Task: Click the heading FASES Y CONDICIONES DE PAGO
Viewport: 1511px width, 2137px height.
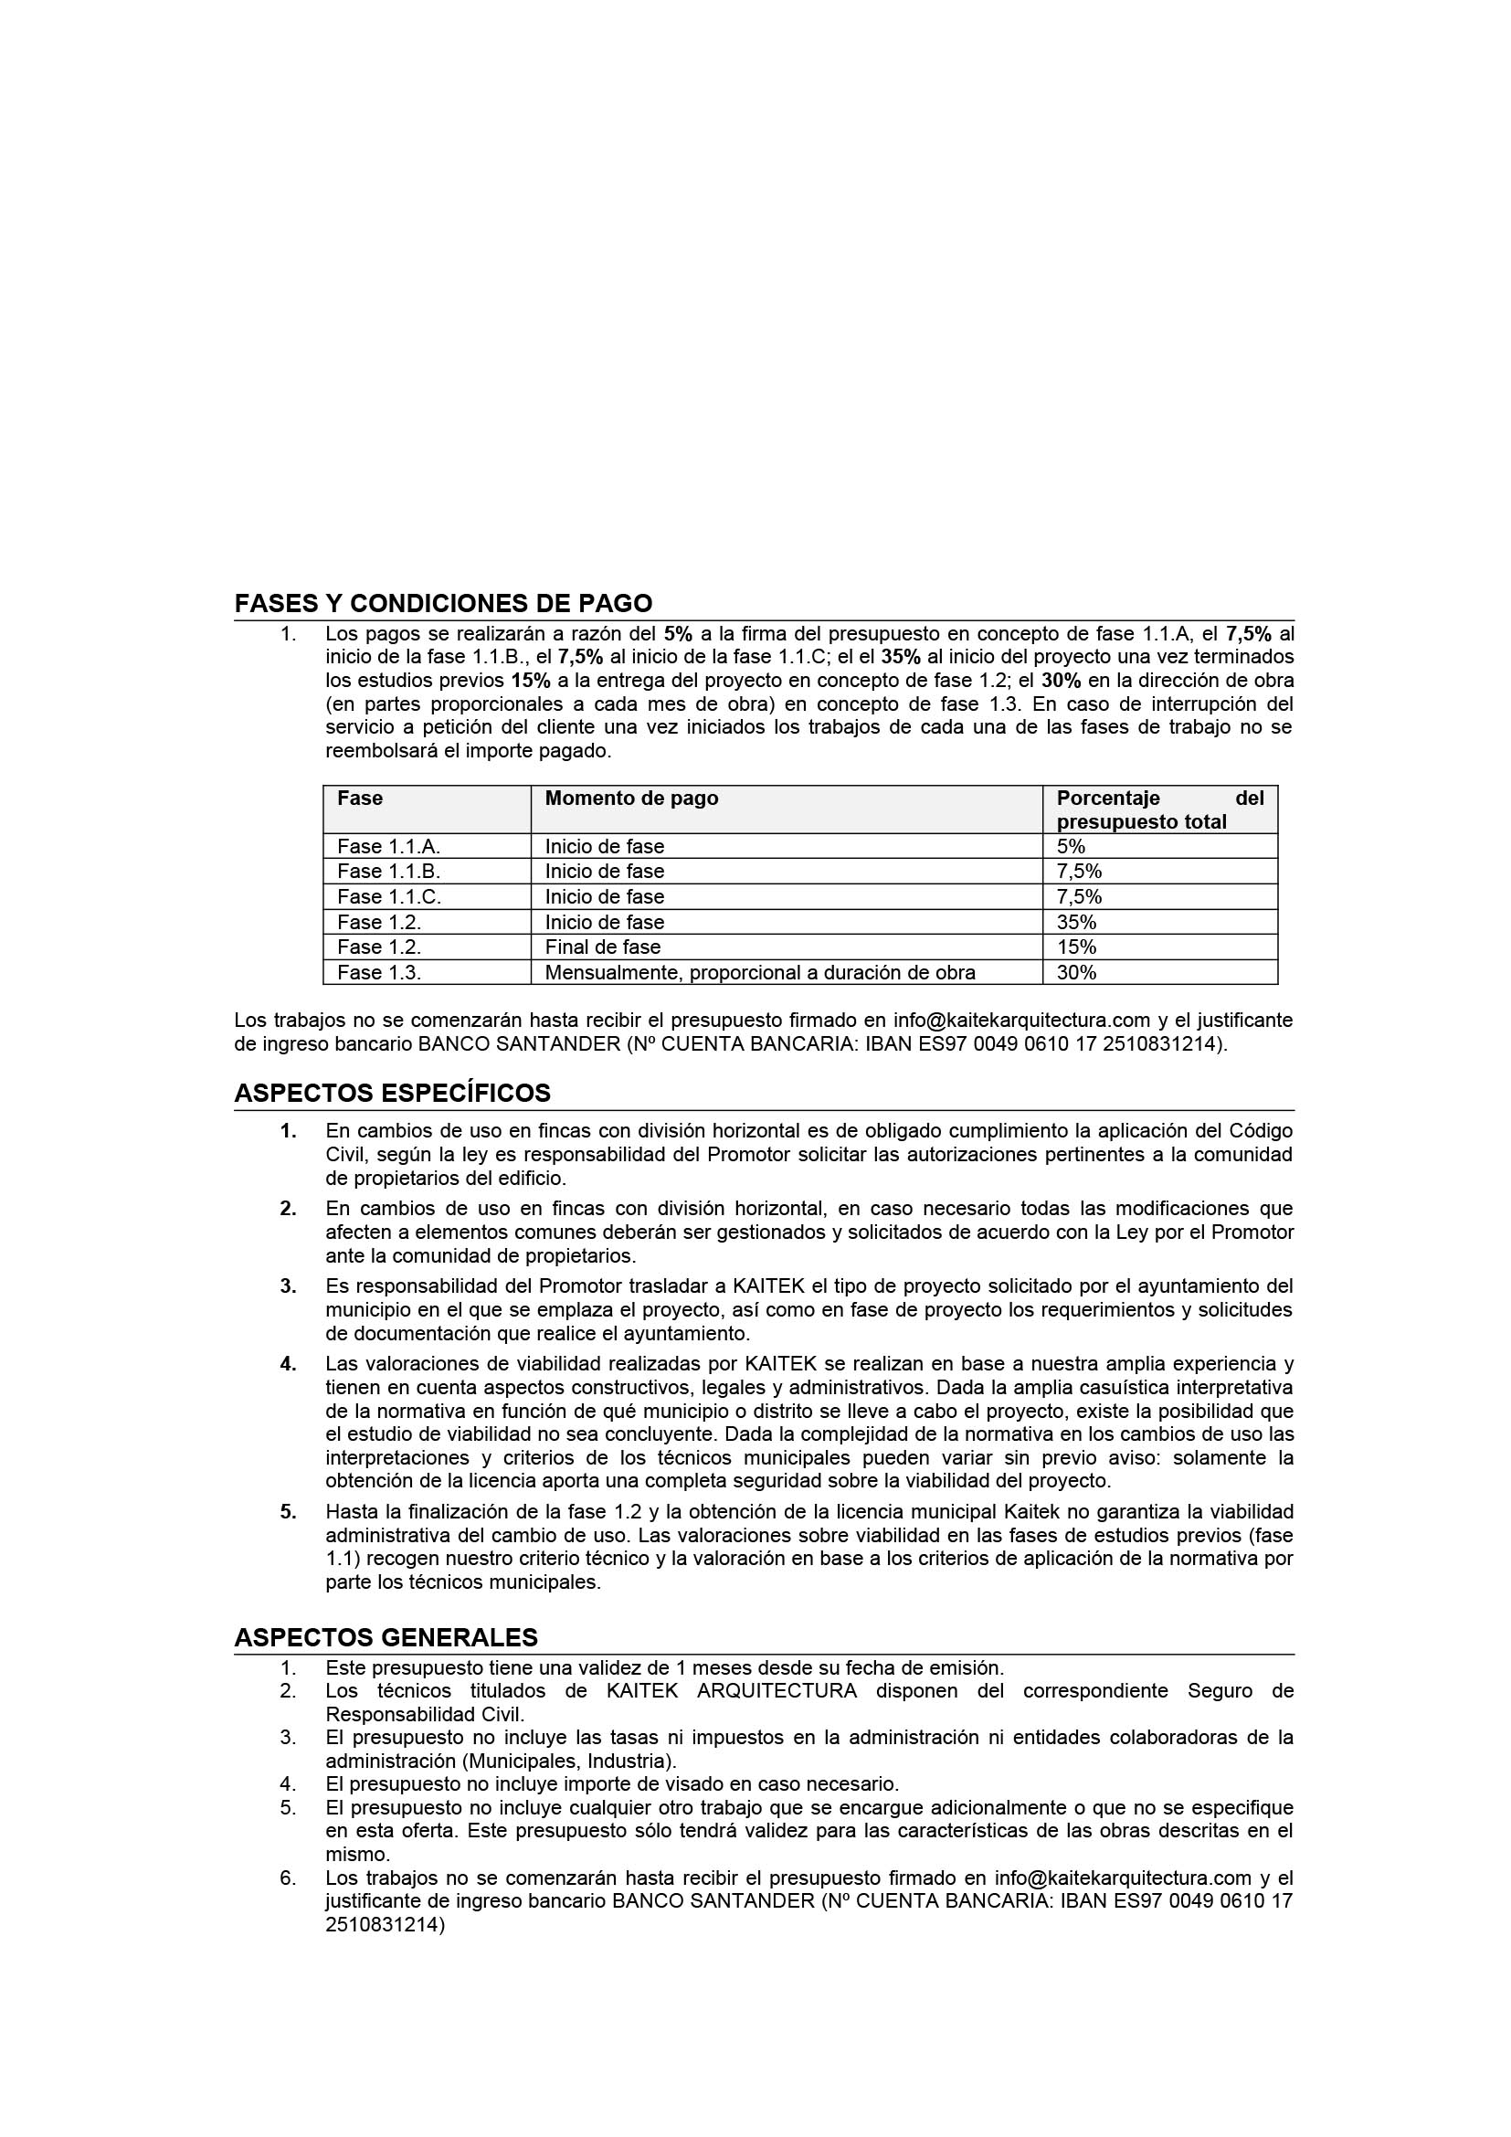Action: pos(443,603)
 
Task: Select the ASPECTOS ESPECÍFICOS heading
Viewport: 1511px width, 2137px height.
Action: pos(392,1093)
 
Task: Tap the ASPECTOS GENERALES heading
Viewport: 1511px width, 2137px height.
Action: pos(386,1637)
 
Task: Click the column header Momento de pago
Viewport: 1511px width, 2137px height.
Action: pos(631,799)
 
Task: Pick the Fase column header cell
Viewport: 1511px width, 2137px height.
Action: pos(360,799)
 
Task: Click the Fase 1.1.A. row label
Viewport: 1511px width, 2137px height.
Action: pos(388,847)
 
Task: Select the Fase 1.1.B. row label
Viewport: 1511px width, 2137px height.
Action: pos(388,873)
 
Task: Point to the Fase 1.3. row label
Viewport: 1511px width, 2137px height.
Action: pos(379,973)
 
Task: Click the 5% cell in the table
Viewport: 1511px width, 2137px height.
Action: pos(1070,847)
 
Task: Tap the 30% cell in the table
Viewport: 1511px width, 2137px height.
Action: pos(1075,973)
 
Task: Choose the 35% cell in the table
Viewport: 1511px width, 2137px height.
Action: pos(1075,923)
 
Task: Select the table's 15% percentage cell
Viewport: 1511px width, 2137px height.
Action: pos(1075,947)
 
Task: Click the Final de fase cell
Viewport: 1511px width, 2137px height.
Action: pos(602,947)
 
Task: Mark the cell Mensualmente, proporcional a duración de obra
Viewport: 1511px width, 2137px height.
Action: pos(759,973)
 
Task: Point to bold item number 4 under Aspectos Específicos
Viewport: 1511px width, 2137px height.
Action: pos(289,1364)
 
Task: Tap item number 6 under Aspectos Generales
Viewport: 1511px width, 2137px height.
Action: pos(288,1878)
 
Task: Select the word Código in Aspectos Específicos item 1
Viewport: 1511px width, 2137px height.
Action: pos(1261,1131)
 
